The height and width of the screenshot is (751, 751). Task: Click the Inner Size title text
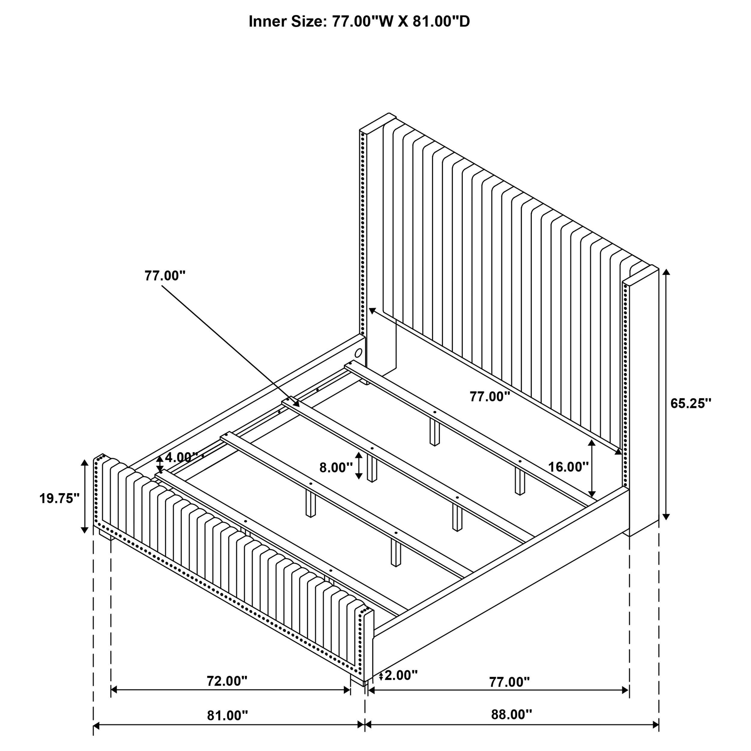pyautogui.click(x=359, y=22)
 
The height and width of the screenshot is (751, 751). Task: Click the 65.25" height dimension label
pyautogui.click(x=690, y=403)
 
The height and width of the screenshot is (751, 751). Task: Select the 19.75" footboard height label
pyautogui.click(x=59, y=498)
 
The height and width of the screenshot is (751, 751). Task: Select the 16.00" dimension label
pyautogui.click(x=568, y=467)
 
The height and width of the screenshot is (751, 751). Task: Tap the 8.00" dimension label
pyautogui.click(x=336, y=468)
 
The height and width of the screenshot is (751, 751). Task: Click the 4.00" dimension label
pyautogui.click(x=181, y=457)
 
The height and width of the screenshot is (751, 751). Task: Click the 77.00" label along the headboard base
pyautogui.click(x=489, y=397)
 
